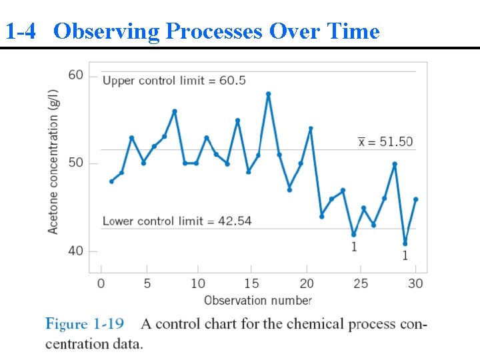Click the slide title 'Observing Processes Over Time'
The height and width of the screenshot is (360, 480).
click(216, 31)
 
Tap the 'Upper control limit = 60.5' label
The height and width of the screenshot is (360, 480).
click(174, 81)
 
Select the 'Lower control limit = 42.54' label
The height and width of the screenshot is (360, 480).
click(177, 221)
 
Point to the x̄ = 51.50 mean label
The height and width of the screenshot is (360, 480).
click(385, 141)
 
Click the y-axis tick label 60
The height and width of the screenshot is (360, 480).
click(76, 75)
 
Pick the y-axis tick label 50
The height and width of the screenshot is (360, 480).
click(76, 163)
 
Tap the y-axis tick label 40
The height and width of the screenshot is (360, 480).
click(76, 251)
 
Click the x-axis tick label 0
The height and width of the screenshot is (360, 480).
click(101, 284)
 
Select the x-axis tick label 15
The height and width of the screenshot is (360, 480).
click(251, 284)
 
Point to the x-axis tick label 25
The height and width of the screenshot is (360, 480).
click(361, 284)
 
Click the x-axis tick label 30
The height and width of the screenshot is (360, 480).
click(416, 284)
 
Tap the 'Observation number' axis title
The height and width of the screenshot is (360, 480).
click(257, 301)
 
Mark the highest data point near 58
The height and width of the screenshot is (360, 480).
click(268, 95)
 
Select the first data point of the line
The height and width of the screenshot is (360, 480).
click(111, 181)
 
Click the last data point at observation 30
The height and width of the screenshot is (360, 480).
click(415, 199)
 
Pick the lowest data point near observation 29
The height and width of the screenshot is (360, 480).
click(405, 243)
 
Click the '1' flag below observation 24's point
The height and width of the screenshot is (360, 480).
click(354, 247)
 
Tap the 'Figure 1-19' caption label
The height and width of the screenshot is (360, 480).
click(85, 325)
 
